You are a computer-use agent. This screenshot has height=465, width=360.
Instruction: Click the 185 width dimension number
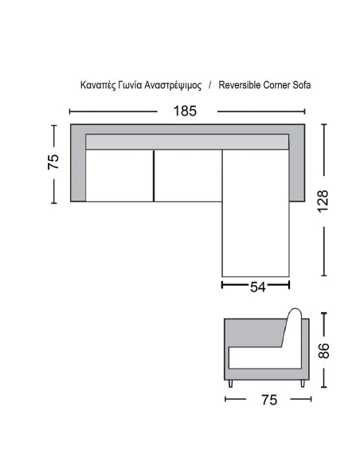[185, 111]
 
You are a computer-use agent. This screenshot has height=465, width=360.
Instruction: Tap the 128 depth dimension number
[323, 201]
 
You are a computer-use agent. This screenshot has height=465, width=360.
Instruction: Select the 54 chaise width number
[258, 287]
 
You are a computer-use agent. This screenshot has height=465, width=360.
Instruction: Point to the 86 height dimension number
[323, 350]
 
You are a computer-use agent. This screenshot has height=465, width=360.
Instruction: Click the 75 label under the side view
[269, 400]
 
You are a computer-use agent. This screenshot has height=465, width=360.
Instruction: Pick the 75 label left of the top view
[53, 162]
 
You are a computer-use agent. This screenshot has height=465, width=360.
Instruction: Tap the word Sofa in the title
[302, 85]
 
